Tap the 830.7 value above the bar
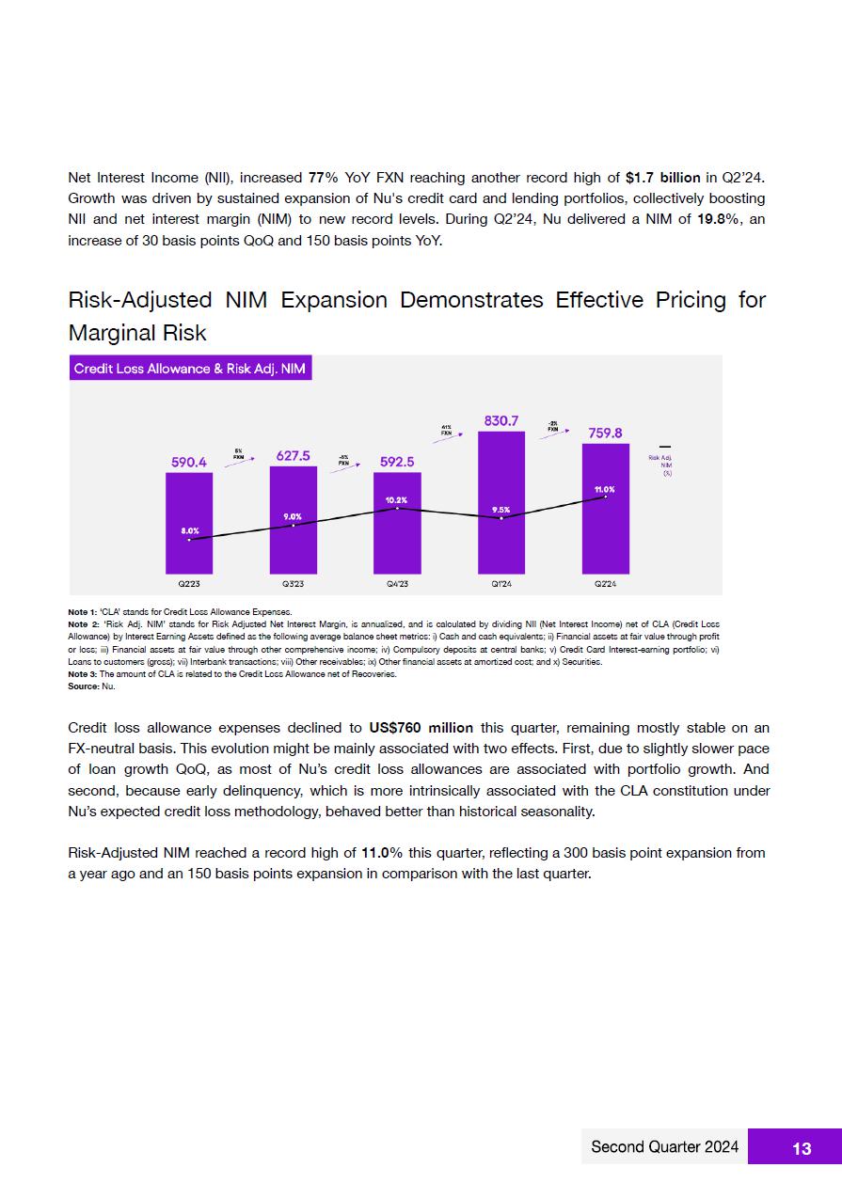click(501, 421)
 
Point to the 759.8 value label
click(605, 434)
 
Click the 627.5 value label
click(294, 456)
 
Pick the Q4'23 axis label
click(397, 584)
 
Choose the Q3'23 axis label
click(293, 584)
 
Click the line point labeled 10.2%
click(397, 508)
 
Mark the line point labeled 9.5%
click(501, 518)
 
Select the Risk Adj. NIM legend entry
click(664, 461)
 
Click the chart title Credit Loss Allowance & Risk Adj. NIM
click(191, 369)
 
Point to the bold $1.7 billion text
click(662, 178)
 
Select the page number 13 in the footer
click(802, 1148)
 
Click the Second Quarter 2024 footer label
click(664, 1147)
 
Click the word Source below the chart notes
click(83, 686)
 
